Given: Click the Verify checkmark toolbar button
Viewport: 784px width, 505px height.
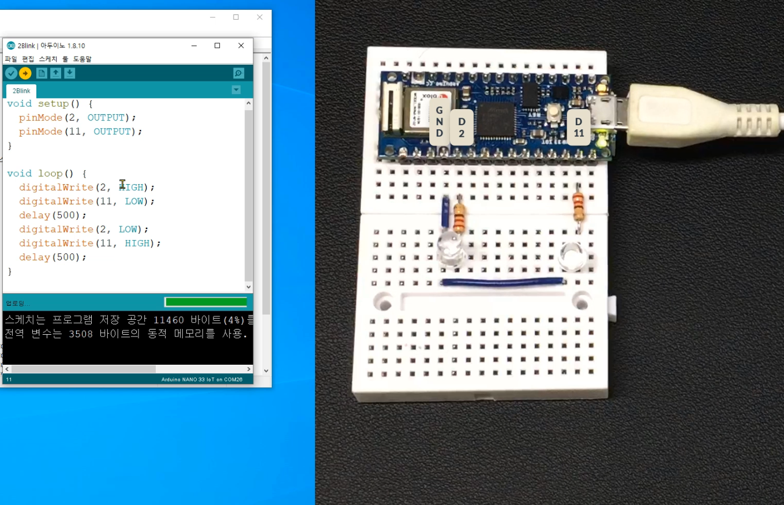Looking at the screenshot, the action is (11, 73).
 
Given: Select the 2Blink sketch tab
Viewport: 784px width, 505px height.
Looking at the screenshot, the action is (21, 91).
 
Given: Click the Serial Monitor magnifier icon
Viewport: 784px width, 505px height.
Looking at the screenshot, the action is (238, 73).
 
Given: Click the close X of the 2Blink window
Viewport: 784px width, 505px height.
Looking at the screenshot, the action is (241, 46).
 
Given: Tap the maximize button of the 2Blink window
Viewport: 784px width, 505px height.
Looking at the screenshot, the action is (217, 46).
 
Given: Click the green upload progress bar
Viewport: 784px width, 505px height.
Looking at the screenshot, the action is (205, 302).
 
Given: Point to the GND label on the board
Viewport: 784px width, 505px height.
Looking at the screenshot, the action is (439, 122).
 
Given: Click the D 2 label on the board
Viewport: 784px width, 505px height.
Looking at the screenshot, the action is (462, 127).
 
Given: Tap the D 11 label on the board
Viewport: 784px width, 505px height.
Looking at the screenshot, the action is (579, 127).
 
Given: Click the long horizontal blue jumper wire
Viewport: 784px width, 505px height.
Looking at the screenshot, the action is (502, 282).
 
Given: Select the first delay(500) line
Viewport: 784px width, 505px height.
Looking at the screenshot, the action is (52, 215).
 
